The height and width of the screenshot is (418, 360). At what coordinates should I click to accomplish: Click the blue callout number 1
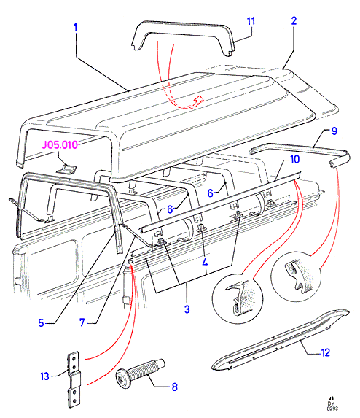pos(76,28)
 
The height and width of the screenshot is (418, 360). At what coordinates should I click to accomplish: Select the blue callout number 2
pos(294,21)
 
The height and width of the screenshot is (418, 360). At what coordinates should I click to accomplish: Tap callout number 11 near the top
pos(251,21)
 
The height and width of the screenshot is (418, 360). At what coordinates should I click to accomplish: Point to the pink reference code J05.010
pos(60,144)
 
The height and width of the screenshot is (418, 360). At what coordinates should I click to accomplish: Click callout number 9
pos(334,131)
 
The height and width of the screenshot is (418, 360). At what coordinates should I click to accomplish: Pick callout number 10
pos(294,160)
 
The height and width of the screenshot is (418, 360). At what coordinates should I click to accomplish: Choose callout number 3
pos(187,309)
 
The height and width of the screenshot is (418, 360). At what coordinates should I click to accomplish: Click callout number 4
pos(205,263)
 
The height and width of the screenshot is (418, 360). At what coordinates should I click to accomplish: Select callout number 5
pos(41,323)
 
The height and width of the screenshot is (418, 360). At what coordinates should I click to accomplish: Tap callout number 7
pos(82,322)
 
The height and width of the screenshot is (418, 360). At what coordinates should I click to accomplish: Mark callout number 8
pos(175,387)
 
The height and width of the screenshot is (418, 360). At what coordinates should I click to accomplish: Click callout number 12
pos(326,352)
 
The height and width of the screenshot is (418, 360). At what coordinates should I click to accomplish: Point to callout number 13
pos(44,376)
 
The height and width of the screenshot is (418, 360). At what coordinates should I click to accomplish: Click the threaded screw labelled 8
pos(141,373)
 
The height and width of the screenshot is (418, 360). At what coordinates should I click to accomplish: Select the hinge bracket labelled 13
pos(74,379)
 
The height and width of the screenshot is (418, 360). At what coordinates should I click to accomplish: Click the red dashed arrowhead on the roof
pos(199,99)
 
